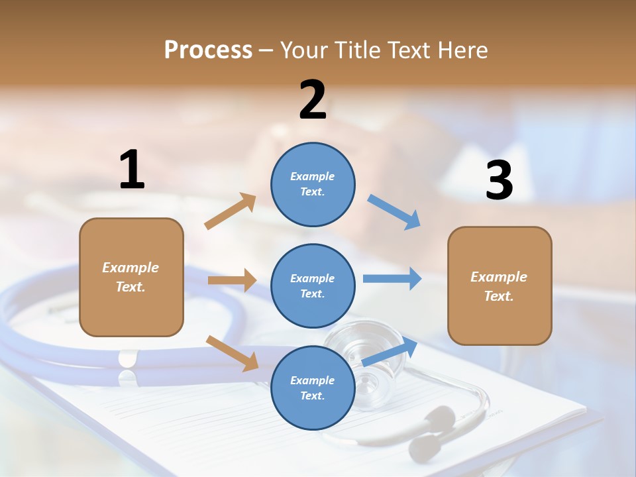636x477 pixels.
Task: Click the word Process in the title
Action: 208,50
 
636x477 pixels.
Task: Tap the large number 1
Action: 132,170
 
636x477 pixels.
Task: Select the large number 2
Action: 313,100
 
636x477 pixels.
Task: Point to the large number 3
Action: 500,180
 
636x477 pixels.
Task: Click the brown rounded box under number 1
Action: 131,277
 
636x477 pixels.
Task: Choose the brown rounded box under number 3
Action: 500,286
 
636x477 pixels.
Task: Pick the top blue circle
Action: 313,184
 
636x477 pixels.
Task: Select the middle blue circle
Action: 313,286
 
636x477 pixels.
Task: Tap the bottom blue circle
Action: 313,388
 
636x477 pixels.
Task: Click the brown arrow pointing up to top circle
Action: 231,211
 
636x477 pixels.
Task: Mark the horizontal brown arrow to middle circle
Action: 232,280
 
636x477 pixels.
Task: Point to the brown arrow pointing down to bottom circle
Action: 233,352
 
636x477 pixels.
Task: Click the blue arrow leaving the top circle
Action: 394,212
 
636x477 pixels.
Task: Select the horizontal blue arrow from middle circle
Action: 392,278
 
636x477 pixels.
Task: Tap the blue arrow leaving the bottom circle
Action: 390,351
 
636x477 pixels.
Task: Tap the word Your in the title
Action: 303,50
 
